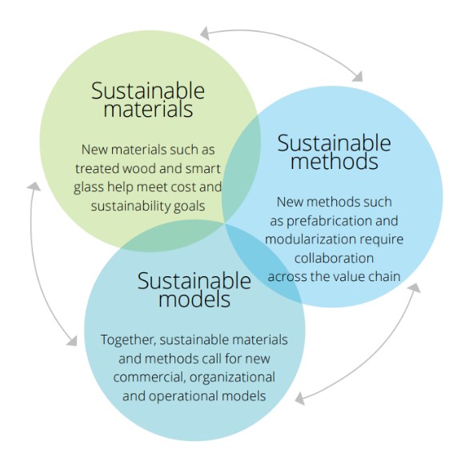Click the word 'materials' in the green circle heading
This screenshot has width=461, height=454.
(x=148, y=110)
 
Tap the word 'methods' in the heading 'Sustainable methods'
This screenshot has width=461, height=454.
(x=335, y=162)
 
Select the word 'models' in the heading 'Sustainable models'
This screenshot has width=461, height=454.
(x=194, y=299)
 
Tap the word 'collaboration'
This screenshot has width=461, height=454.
(x=334, y=258)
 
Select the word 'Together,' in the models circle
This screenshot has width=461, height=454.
(x=128, y=340)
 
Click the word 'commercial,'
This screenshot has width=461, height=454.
(x=150, y=377)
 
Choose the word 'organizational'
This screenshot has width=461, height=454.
(x=232, y=378)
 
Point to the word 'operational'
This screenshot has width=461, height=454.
(x=183, y=396)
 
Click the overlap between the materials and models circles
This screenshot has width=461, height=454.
(x=173, y=236)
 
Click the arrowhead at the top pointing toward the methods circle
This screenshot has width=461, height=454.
(x=359, y=77)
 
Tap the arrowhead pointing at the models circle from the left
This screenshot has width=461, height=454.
(x=72, y=341)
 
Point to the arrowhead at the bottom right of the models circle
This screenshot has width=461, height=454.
(x=299, y=399)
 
